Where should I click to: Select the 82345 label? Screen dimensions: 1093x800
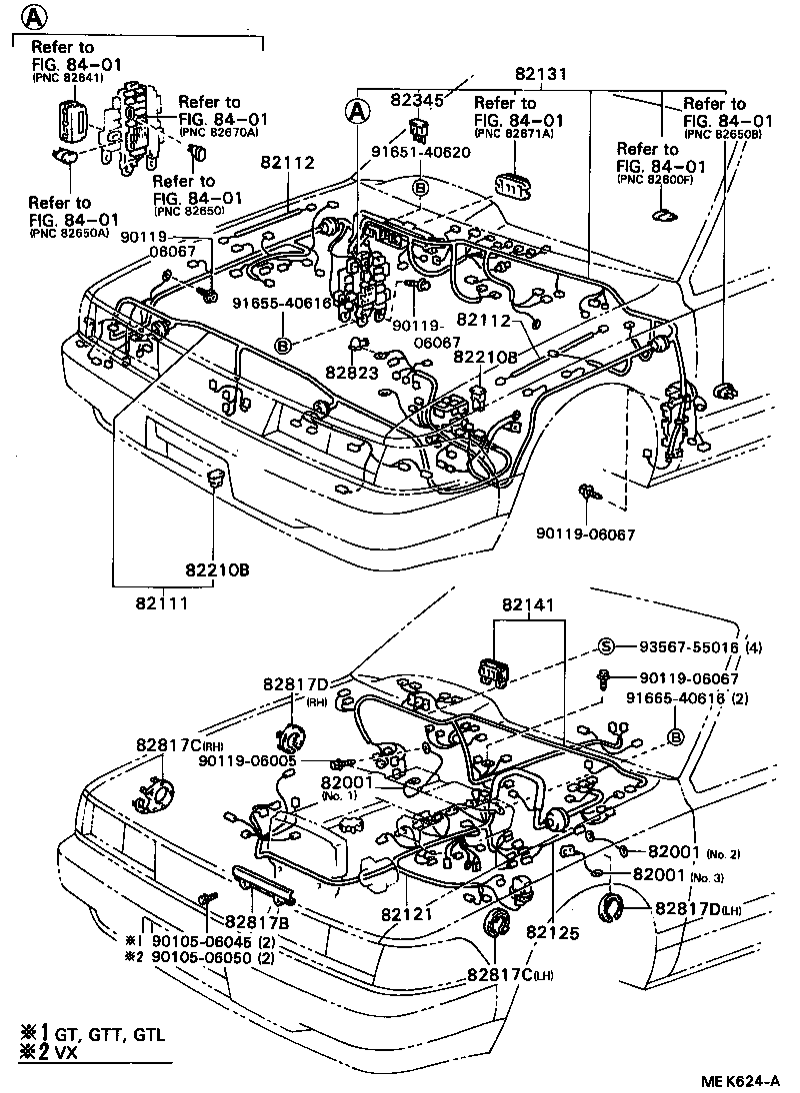tap(420, 100)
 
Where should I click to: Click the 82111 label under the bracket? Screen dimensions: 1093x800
tap(161, 603)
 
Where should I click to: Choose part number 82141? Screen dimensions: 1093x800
tap(527, 605)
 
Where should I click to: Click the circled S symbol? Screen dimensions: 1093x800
tap(606, 646)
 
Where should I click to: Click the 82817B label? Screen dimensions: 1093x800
tap(257, 921)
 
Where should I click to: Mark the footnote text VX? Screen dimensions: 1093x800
tap(66, 1055)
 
